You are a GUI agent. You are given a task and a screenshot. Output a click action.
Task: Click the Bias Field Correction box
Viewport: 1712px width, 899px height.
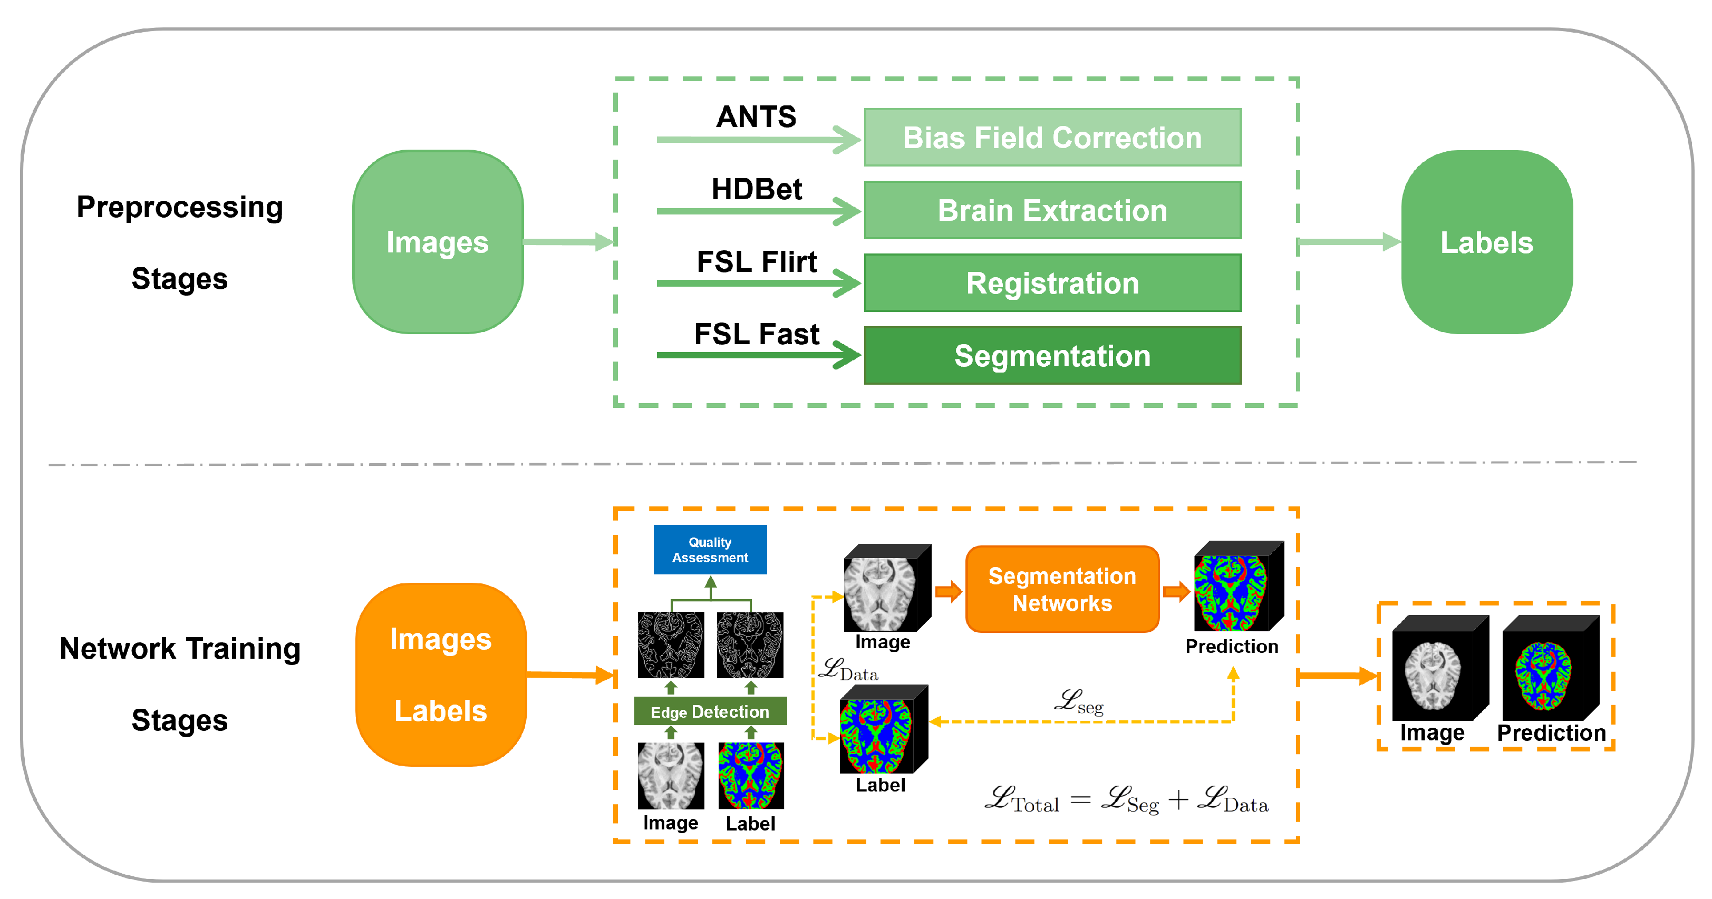point(1052,138)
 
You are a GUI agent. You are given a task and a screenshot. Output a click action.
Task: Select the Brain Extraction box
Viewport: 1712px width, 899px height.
point(1052,210)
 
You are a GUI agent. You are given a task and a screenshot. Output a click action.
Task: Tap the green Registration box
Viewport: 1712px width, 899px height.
point(1052,282)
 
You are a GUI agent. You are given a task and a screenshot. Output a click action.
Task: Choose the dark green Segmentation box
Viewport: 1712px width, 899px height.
point(1052,356)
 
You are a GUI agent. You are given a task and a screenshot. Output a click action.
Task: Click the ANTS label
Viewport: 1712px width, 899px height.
point(756,117)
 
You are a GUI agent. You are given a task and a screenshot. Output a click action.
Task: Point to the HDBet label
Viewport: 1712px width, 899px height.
point(756,189)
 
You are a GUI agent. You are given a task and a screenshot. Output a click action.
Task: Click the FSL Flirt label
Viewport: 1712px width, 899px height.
point(756,262)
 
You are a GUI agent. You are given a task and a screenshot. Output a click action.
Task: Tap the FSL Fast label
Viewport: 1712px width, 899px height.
point(756,334)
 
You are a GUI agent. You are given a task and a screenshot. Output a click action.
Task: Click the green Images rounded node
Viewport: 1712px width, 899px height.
point(437,242)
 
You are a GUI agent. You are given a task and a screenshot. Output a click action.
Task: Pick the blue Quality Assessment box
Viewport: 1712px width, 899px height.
point(710,550)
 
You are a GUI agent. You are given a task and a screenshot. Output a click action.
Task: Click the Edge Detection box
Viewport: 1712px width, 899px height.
point(710,711)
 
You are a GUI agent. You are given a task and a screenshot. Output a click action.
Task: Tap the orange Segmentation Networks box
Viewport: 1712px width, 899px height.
point(1061,589)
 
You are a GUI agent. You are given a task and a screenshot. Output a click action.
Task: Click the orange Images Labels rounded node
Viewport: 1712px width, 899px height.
point(441,675)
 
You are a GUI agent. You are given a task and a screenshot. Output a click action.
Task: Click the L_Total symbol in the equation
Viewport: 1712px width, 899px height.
point(1021,800)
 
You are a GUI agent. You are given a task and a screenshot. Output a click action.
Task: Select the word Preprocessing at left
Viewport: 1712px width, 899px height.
point(179,207)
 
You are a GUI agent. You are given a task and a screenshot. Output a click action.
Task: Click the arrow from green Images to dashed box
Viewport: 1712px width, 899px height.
point(568,242)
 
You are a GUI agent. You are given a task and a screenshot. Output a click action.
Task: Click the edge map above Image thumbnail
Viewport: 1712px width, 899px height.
point(671,645)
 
